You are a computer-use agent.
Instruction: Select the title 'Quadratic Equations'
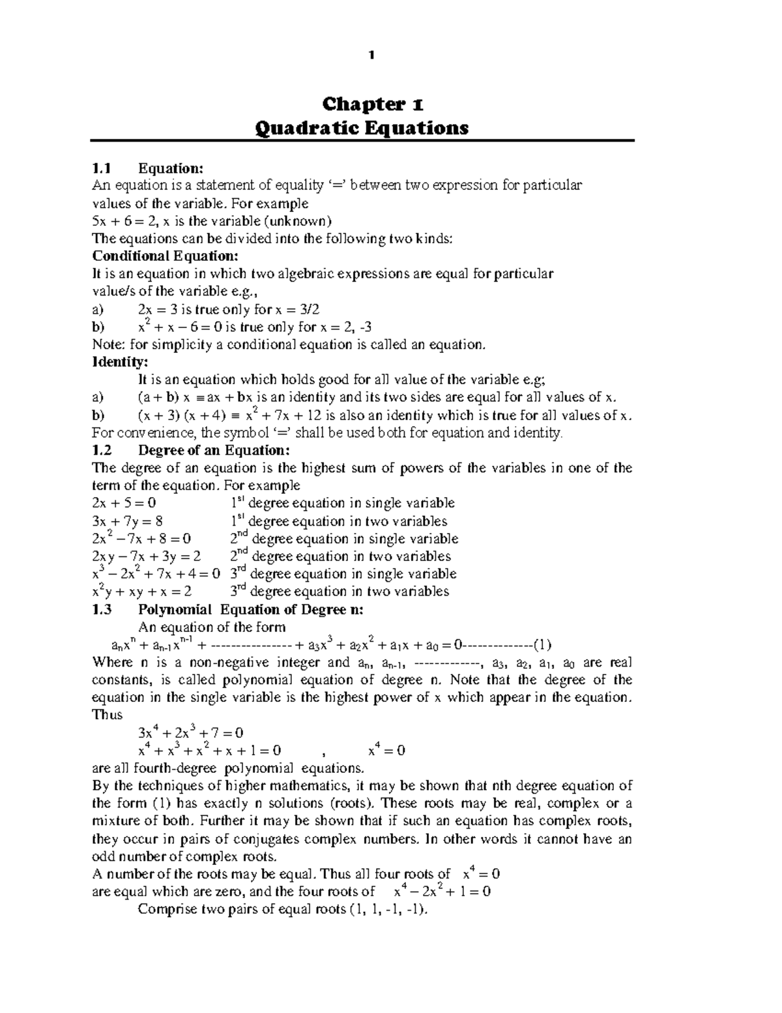(362, 128)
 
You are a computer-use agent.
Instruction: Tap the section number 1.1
(103, 169)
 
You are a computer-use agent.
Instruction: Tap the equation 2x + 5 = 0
(124, 503)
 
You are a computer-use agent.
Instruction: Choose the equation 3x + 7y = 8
(128, 521)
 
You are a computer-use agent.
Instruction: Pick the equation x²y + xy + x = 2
(142, 592)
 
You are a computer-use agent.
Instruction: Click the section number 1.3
(103, 610)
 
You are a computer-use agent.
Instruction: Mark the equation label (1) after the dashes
(542, 645)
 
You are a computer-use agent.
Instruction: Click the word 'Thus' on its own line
(108, 715)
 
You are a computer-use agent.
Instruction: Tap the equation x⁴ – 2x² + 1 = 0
(442, 892)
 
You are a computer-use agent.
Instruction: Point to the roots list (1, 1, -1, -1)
(390, 910)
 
